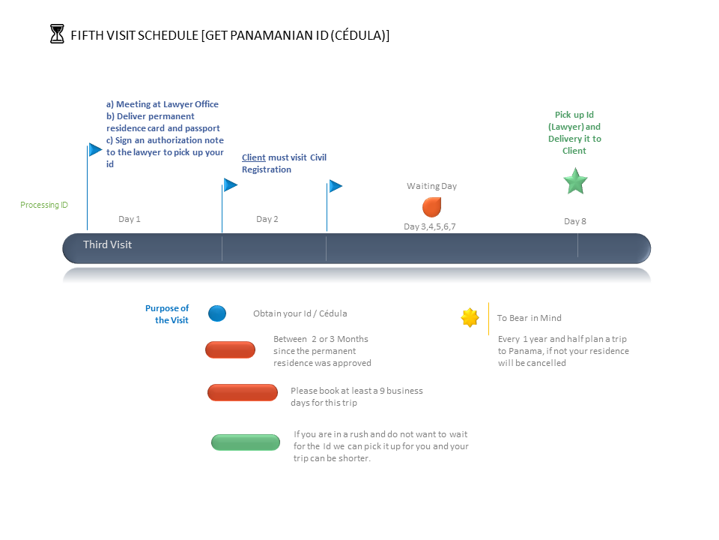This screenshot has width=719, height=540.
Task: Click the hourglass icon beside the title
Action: click(57, 34)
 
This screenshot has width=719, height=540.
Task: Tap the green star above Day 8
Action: click(575, 181)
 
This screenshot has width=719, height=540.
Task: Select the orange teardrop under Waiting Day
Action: click(432, 207)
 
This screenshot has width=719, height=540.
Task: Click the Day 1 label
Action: click(130, 219)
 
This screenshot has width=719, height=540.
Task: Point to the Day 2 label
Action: click(267, 219)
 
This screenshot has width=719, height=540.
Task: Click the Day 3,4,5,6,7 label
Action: click(430, 226)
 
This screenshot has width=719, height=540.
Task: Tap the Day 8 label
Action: click(575, 221)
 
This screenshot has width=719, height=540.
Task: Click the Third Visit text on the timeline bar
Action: click(107, 244)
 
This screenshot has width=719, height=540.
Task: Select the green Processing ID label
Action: click(44, 205)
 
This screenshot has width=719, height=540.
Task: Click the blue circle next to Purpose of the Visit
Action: click(217, 313)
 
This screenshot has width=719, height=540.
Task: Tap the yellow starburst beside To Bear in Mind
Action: click(470, 318)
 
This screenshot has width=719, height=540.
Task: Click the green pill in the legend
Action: click(246, 442)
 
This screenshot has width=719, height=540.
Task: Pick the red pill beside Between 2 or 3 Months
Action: click(230, 350)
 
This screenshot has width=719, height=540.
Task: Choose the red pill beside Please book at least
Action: click(243, 392)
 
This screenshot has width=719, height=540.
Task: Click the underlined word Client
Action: click(254, 157)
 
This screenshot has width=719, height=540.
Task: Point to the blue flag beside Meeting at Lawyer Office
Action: click(95, 150)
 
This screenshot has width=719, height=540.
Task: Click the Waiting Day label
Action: click(432, 186)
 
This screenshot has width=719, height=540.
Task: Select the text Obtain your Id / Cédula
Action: click(300, 313)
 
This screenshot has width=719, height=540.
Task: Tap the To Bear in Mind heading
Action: click(530, 318)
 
